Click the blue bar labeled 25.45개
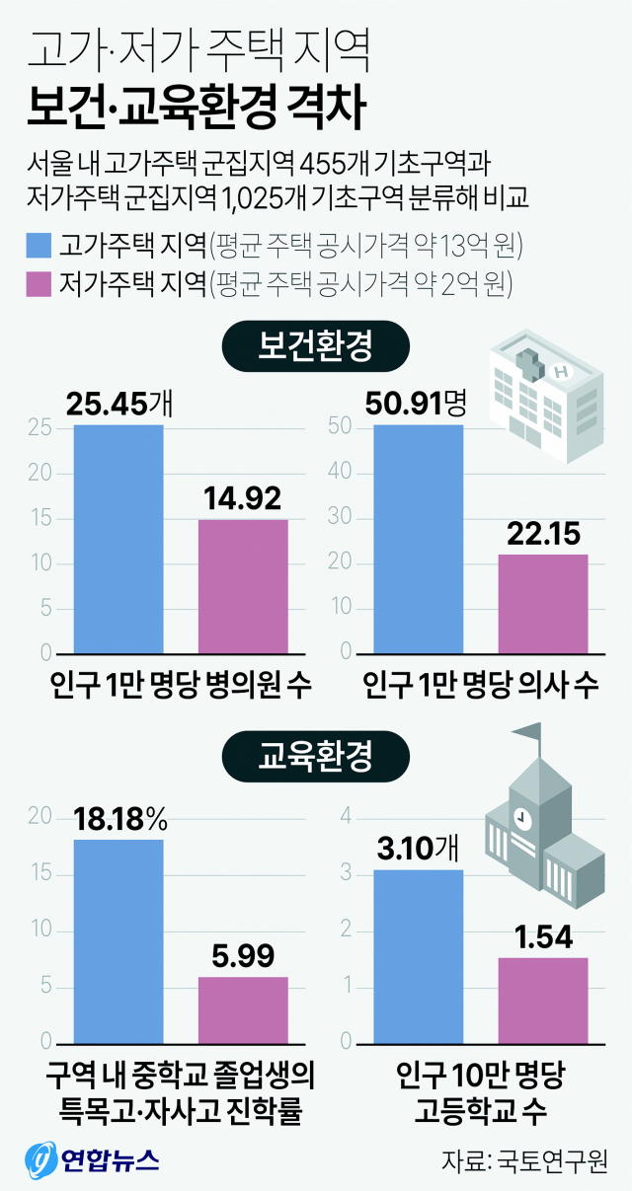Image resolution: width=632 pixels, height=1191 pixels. [118, 540]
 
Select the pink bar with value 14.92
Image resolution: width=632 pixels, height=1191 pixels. [243, 586]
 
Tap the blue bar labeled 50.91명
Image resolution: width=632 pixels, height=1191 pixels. [418, 540]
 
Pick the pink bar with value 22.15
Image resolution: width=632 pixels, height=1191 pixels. [542, 604]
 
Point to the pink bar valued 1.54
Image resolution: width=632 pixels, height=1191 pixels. [542, 1001]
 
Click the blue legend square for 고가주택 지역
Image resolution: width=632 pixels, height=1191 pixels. [39, 245]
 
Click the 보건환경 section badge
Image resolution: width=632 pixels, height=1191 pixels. [315, 346]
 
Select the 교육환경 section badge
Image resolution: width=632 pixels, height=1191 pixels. [315, 758]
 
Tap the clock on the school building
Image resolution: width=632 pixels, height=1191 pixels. [521, 818]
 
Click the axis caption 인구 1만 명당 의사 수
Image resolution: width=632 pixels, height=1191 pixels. [480, 685]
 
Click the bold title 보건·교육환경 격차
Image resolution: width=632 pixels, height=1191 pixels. [197, 107]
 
